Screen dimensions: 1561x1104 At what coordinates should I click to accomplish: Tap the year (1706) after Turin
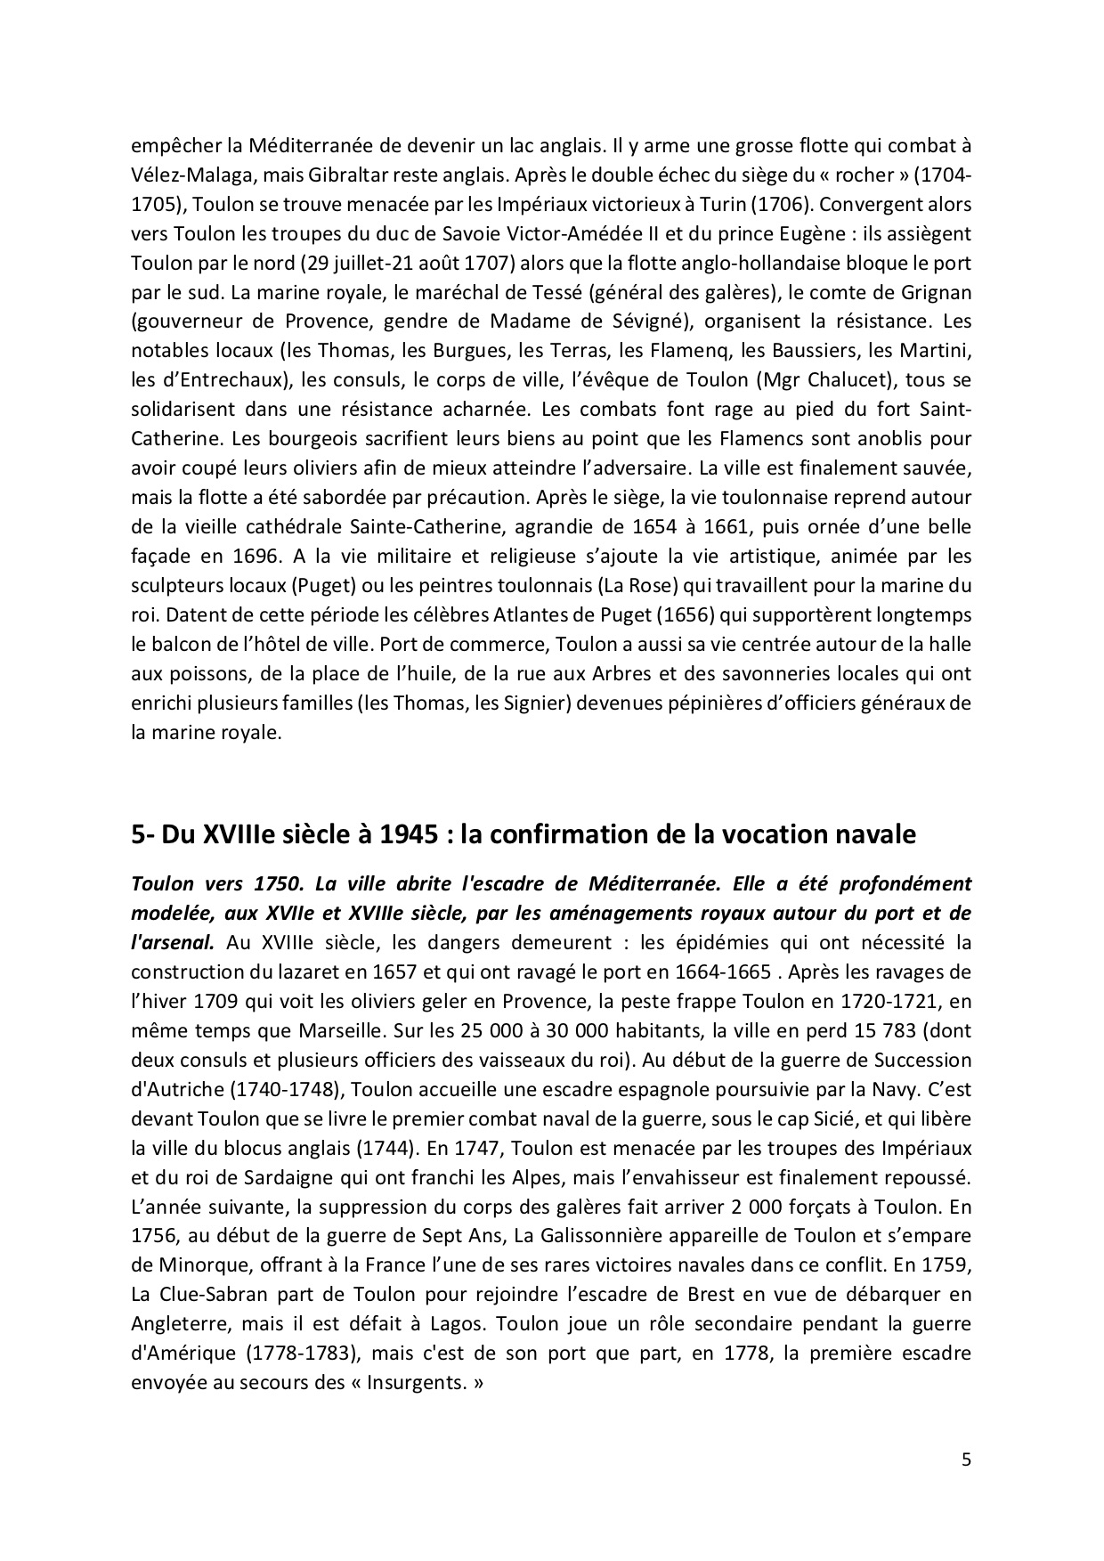(780, 203)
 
